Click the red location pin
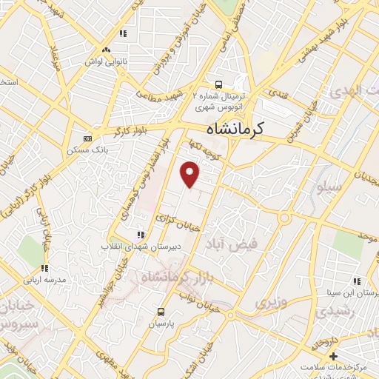pos(191,173)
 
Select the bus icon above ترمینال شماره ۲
pos(218,84)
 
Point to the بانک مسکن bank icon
pos(88,138)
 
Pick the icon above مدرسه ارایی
pos(44,269)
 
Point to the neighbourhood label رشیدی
pos(335,312)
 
